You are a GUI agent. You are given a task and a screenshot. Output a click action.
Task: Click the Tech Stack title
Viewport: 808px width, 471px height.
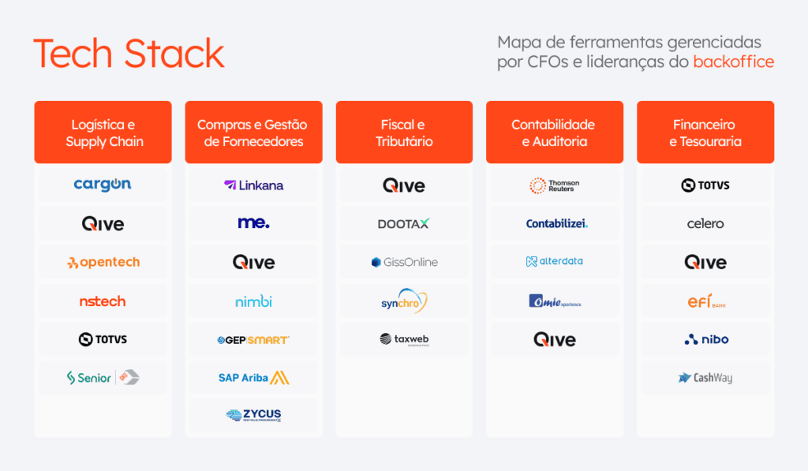[x=129, y=54]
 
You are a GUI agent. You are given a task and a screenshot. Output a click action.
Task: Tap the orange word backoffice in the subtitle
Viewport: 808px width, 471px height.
[x=733, y=62]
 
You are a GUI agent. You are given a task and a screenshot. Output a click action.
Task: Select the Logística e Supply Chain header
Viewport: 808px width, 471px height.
[x=103, y=133]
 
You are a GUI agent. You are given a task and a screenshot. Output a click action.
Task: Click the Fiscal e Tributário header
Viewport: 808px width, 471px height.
[x=404, y=133]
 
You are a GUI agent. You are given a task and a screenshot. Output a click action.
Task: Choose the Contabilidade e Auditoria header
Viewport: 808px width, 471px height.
[x=554, y=133]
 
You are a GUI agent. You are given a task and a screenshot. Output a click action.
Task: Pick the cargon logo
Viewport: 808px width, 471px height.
[x=103, y=185]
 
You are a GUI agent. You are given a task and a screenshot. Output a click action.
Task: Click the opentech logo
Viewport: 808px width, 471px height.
[x=103, y=262]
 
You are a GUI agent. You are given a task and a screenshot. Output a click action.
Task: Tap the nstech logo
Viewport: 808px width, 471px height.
[x=103, y=301]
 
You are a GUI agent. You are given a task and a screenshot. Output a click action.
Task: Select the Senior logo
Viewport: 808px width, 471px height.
[x=103, y=378]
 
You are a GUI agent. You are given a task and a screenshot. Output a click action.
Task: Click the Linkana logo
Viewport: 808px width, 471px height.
[x=253, y=185]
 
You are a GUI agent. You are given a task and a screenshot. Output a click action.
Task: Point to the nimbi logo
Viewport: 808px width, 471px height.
[x=253, y=301]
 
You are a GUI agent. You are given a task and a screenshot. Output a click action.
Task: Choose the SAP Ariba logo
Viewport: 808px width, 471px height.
[x=253, y=378]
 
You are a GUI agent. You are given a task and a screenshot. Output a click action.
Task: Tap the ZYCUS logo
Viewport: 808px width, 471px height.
[x=253, y=415]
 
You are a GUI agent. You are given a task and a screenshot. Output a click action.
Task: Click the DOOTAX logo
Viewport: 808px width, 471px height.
[x=404, y=224]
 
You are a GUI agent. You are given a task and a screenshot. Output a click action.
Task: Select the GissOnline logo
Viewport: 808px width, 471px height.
[x=404, y=262]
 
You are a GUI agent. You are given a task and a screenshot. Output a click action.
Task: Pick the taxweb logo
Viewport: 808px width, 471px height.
[x=404, y=339]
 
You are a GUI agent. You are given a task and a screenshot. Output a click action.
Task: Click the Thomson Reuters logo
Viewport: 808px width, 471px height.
[x=554, y=185]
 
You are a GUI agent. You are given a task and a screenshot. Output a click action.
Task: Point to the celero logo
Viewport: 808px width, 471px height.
[x=705, y=224]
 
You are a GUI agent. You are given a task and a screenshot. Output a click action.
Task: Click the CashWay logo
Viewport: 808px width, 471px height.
[x=705, y=378]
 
